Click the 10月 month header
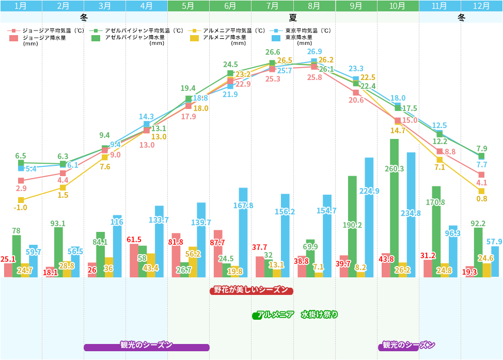click(398, 6)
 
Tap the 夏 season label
click(293, 18)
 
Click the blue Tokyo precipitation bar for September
click(369, 217)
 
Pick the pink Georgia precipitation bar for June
click(218, 253)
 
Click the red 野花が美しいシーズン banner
click(251, 290)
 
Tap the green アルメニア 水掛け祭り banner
click(295, 315)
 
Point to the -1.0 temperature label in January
click(21, 208)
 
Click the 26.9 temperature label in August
click(314, 52)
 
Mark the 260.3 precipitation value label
click(395, 168)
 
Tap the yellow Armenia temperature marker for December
click(481, 191)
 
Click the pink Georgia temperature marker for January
click(21, 181)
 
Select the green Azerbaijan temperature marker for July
click(272, 63)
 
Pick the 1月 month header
click(21, 6)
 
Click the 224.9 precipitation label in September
click(369, 191)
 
